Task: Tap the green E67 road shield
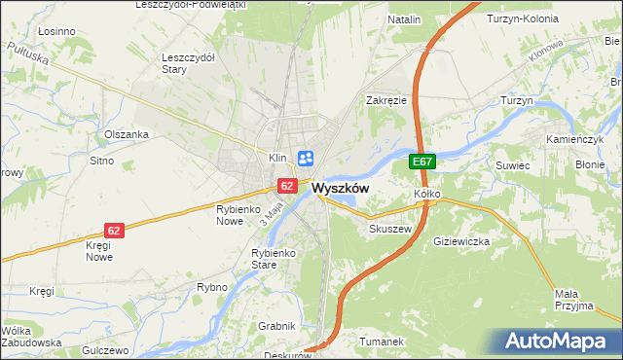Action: pos(421,162)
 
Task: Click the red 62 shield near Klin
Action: pos(286,185)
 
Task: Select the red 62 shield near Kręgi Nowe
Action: pos(115,231)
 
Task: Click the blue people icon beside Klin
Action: pos(306,158)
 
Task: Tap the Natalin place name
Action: pos(404,19)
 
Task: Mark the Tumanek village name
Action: pos(382,342)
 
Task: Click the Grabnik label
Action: pos(276,326)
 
